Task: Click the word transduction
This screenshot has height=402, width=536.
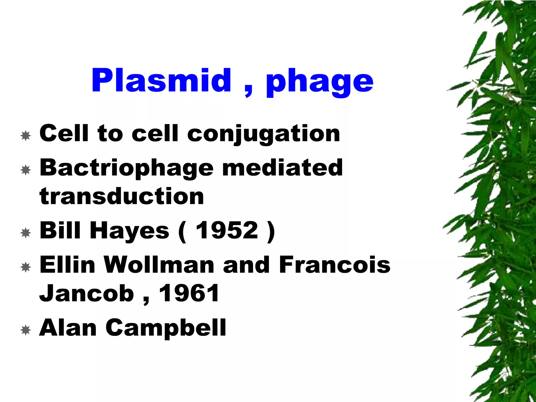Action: pos(122,196)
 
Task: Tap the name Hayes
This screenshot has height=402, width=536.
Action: pos(130,231)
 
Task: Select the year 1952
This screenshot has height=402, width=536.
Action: pos(227,230)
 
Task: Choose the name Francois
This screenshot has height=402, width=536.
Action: pos(335,265)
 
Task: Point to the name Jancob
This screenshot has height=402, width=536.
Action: pos(87,293)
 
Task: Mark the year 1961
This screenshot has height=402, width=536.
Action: pos(189,293)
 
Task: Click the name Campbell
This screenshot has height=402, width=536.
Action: pos(166,328)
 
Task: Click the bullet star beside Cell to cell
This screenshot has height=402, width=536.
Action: pos(26,136)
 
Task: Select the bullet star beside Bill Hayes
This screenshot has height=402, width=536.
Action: pos(26,233)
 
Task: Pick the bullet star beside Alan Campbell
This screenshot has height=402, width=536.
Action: pos(26,330)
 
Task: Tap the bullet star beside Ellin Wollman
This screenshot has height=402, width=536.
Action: pos(26,267)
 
